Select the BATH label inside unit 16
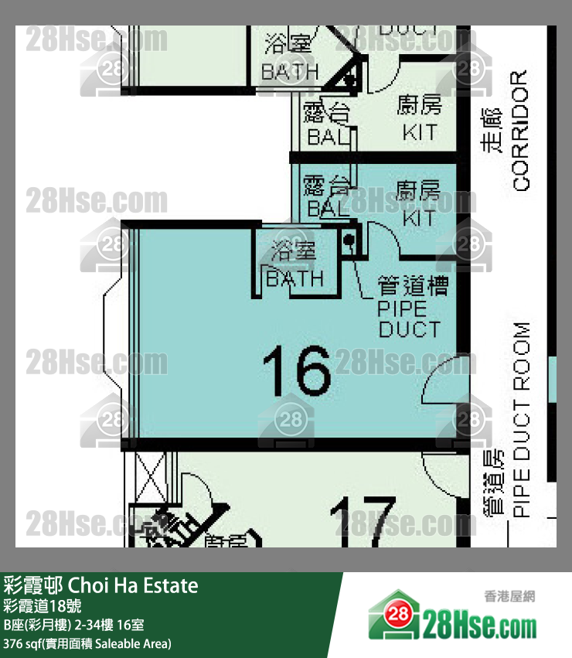(x=295, y=278)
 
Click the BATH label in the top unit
(x=290, y=71)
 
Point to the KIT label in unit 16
(x=419, y=219)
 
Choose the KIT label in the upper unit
(x=419, y=132)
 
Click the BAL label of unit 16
(x=328, y=209)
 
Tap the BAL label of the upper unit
(x=328, y=138)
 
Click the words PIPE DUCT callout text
(x=409, y=319)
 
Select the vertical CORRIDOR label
(x=520, y=131)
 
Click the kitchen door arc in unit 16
(x=384, y=240)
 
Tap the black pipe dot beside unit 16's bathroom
(x=349, y=240)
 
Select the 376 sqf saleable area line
(x=87, y=643)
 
